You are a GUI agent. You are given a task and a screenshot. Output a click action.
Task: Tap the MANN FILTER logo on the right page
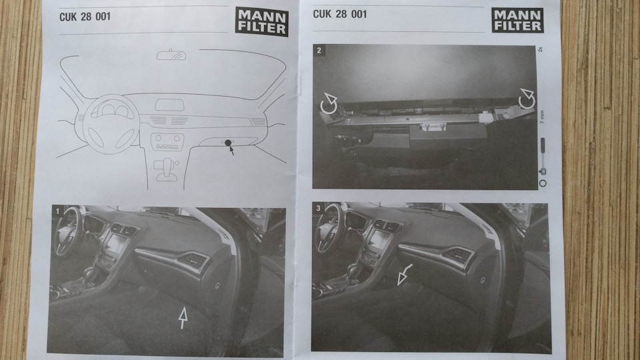[517, 20]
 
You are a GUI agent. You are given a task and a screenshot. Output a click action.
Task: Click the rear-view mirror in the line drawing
[171, 56]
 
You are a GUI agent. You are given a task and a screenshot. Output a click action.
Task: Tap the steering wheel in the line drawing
[111, 121]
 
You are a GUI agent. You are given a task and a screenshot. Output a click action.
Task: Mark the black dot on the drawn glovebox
[228, 143]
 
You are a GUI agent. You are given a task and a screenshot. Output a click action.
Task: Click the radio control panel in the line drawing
[167, 142]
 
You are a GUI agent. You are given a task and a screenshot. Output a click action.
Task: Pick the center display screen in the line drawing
[169, 105]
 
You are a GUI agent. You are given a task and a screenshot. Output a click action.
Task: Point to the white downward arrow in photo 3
[404, 274]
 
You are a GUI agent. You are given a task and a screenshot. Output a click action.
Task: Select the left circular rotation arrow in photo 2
[329, 104]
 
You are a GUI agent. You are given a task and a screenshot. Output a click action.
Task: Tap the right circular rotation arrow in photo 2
[527, 99]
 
